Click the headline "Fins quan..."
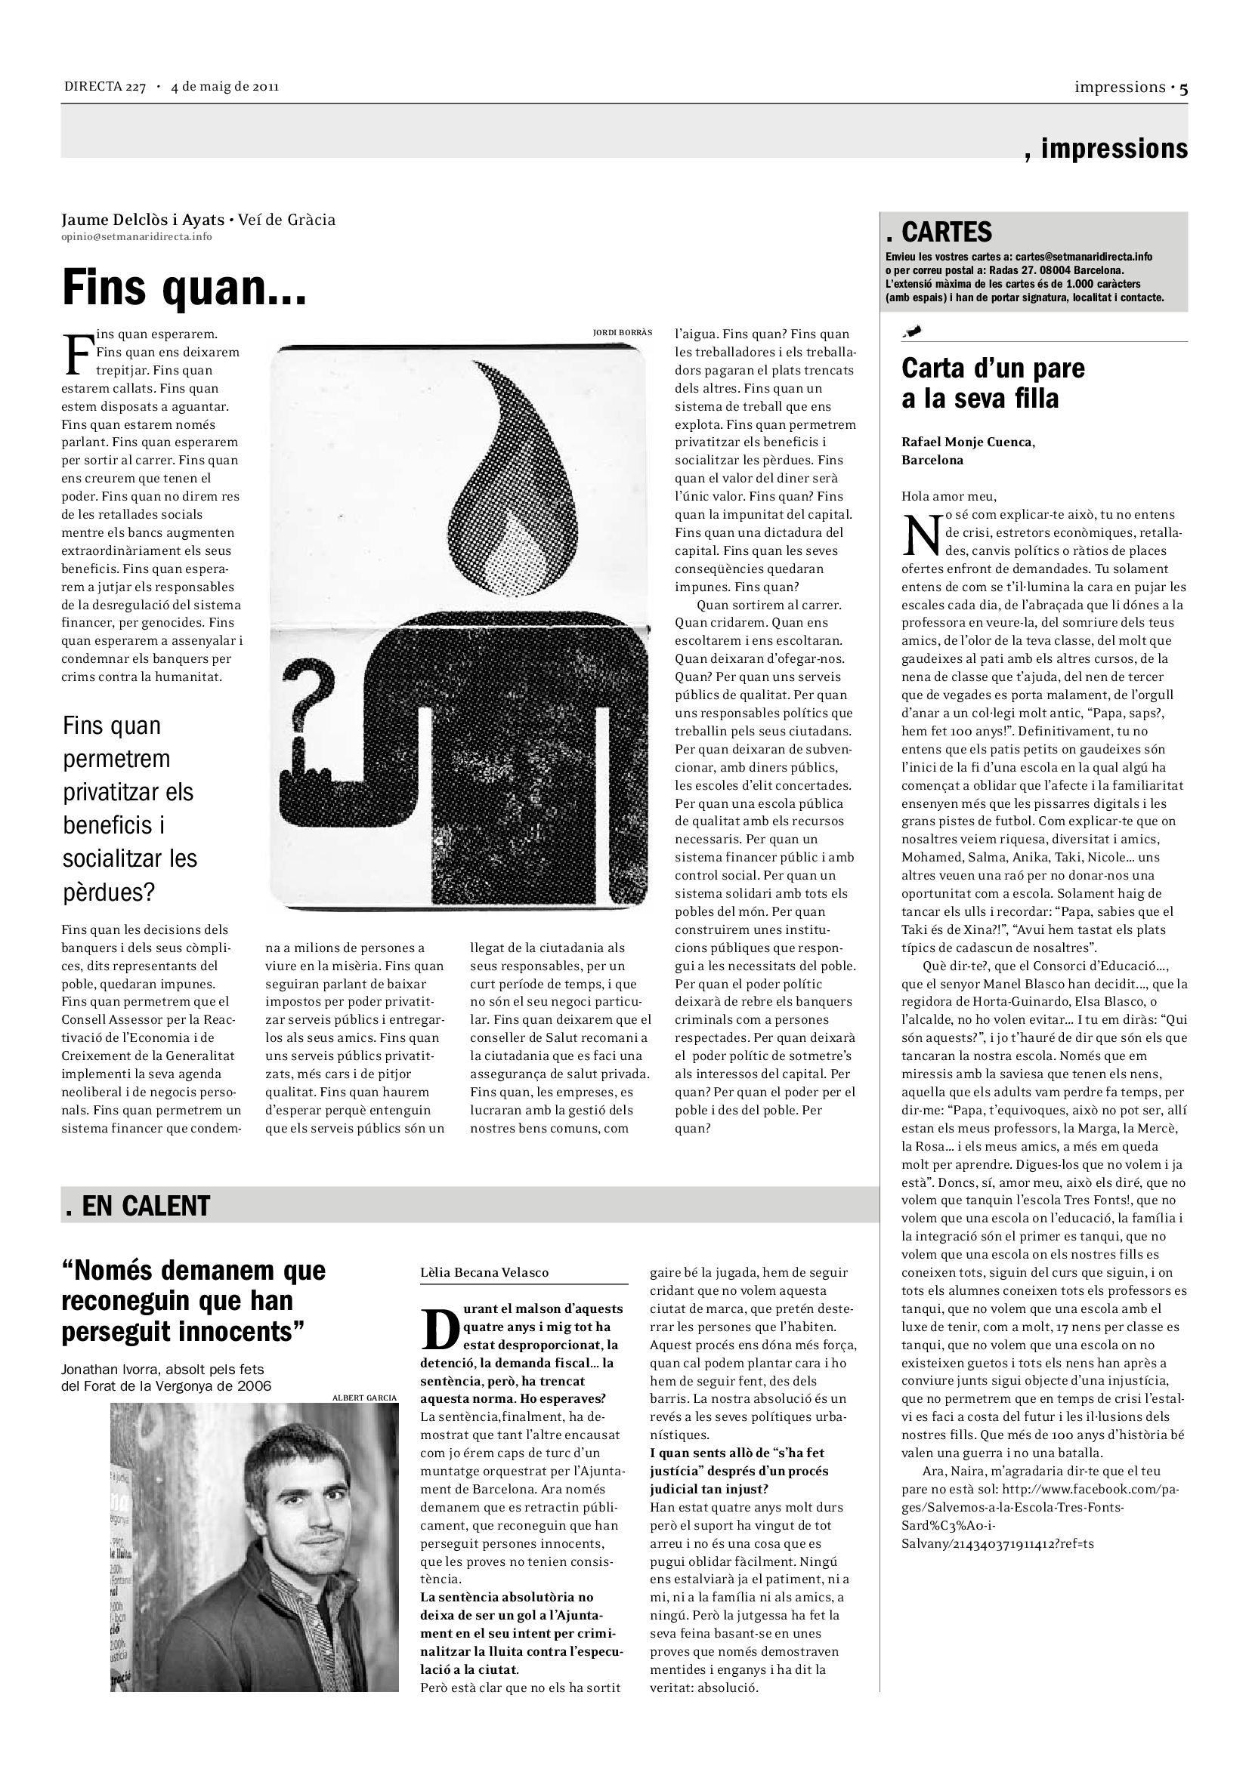(184, 288)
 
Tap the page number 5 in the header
(1183, 88)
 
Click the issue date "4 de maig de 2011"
(224, 86)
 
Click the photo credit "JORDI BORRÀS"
(622, 332)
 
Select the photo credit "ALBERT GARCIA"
(364, 1398)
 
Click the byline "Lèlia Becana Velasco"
(484, 1273)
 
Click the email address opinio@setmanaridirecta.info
(136, 237)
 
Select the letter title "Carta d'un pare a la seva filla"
(992, 383)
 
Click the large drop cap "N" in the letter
(921, 534)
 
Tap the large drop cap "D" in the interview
(441, 1330)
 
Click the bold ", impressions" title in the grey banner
(1106, 149)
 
